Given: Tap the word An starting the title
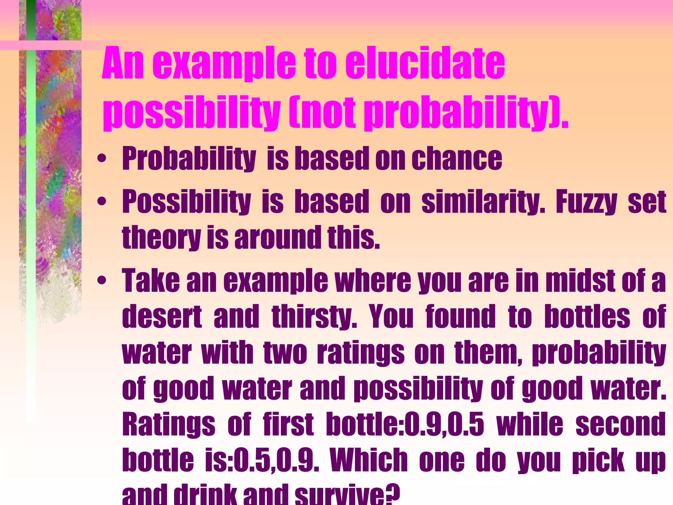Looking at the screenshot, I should click(123, 63).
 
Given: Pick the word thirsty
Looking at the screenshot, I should click(314, 316).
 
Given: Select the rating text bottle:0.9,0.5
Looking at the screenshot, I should click(405, 424).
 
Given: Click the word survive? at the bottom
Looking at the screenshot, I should click(347, 495).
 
